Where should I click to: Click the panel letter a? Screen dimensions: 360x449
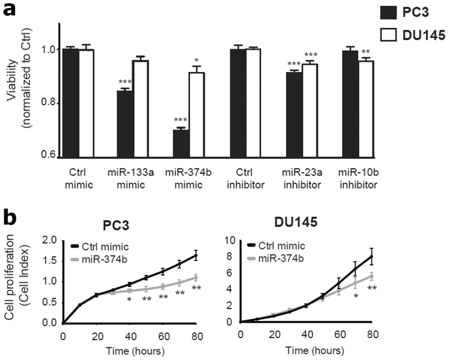pyautogui.click(x=9, y=10)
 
